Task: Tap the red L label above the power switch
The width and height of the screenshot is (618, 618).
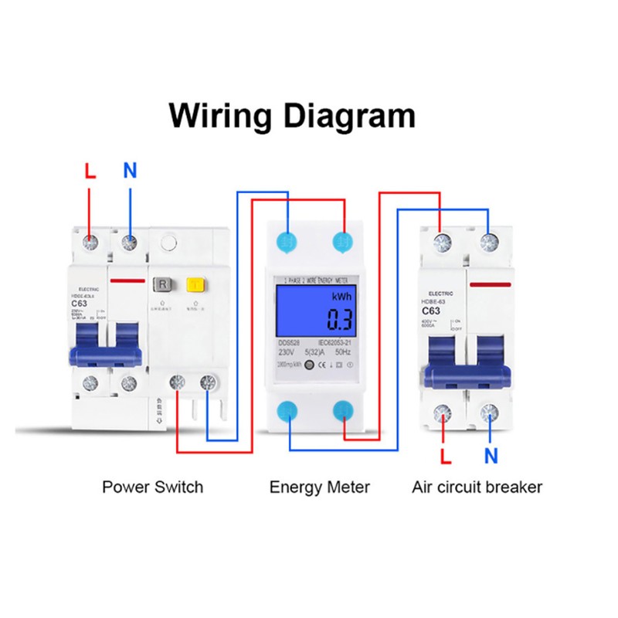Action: coord(90,171)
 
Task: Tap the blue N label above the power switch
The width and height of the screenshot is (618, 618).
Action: coord(130,171)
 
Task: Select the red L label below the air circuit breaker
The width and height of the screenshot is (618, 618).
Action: coord(445,457)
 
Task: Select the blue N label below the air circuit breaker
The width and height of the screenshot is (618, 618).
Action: coord(491,457)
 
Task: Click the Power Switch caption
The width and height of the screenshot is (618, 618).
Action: coord(152,487)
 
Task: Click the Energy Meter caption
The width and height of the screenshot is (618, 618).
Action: coord(319,487)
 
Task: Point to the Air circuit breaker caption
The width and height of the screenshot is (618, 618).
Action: coord(477,487)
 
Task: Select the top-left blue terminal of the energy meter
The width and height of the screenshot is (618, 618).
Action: coord(289,241)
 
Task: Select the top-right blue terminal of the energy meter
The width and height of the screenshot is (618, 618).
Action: coord(342,241)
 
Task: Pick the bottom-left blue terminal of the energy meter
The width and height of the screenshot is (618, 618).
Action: coord(289,410)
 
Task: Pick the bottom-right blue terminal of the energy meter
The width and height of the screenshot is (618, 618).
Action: coord(342,410)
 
